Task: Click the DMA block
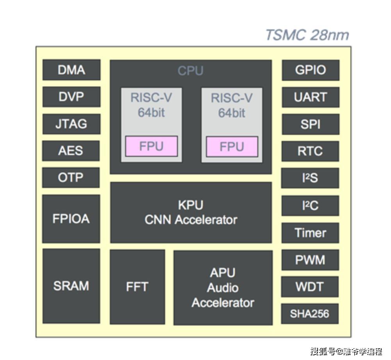click(x=71, y=70)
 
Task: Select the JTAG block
click(x=71, y=124)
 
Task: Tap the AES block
click(x=71, y=151)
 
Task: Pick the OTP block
click(x=71, y=177)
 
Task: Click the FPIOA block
click(x=71, y=219)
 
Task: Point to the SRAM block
click(x=71, y=286)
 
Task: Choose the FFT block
click(x=137, y=287)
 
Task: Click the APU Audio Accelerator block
click(x=223, y=288)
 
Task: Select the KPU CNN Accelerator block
click(x=191, y=212)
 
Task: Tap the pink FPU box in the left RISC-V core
click(x=152, y=146)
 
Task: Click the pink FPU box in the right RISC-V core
click(x=232, y=147)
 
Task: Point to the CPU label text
click(x=191, y=71)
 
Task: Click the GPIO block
click(x=311, y=70)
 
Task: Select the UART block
click(x=311, y=97)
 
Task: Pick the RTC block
click(x=311, y=151)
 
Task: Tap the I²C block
click(x=311, y=206)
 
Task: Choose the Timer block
click(x=311, y=233)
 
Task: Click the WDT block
click(x=310, y=287)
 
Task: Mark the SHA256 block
click(x=310, y=314)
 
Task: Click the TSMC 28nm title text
click(x=307, y=35)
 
